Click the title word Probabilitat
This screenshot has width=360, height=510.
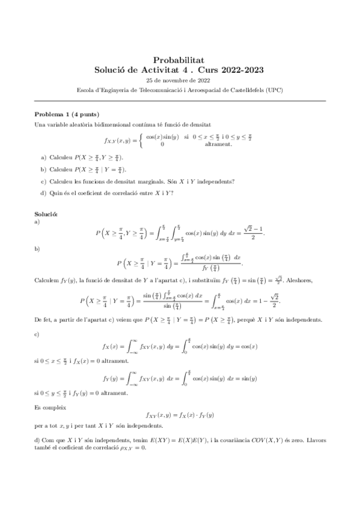point(180,60)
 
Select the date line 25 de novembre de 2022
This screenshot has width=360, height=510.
point(180,80)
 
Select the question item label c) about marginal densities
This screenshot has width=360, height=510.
point(43,181)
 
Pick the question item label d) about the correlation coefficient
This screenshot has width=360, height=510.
point(43,192)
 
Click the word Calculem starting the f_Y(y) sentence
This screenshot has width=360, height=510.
point(47,279)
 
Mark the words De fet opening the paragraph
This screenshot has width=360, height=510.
point(44,319)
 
